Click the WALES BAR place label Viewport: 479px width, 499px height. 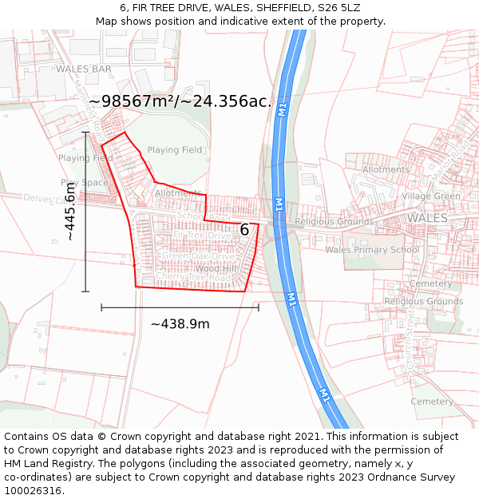(x=84, y=69)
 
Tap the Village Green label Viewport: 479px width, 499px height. (x=431, y=196)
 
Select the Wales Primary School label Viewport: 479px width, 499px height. (x=372, y=250)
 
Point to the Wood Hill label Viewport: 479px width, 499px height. (x=216, y=269)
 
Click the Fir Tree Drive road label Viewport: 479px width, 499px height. (x=201, y=236)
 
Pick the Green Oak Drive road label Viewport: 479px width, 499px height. (x=200, y=256)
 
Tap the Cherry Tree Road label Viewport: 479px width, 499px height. (x=193, y=277)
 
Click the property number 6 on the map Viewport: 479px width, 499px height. (x=244, y=230)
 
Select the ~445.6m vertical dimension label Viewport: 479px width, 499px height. (x=70, y=212)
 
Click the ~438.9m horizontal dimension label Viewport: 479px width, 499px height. (x=180, y=323)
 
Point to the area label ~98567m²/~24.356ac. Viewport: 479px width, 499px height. (x=180, y=101)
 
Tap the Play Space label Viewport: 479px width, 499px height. (x=83, y=183)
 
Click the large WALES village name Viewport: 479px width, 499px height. (x=428, y=217)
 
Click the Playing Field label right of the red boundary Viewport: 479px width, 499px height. (x=175, y=149)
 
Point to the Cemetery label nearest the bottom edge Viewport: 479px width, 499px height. (x=432, y=402)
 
